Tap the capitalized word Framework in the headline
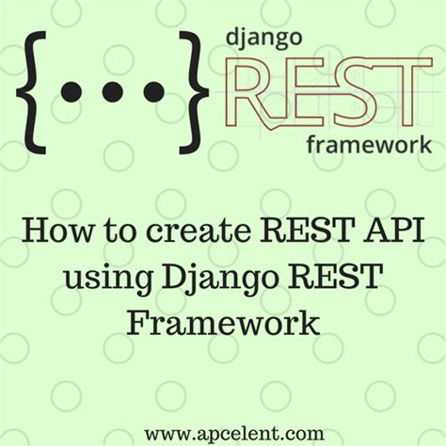point(223,324)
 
